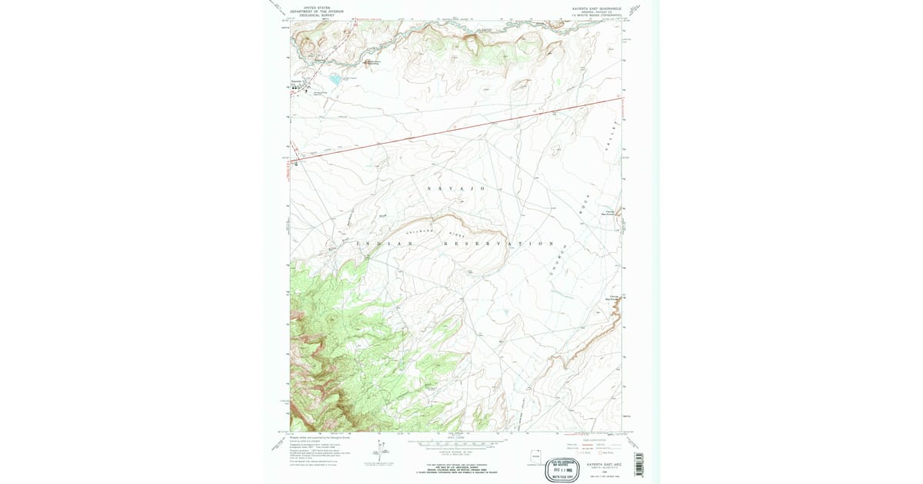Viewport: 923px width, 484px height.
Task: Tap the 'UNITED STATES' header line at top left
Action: click(x=317, y=7)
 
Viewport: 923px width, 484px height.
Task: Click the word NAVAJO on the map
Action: click(x=456, y=188)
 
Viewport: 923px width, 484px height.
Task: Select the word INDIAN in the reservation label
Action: click(x=388, y=244)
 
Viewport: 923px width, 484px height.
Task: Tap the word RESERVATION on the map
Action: click(x=498, y=244)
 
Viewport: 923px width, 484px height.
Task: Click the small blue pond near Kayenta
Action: click(x=335, y=78)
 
